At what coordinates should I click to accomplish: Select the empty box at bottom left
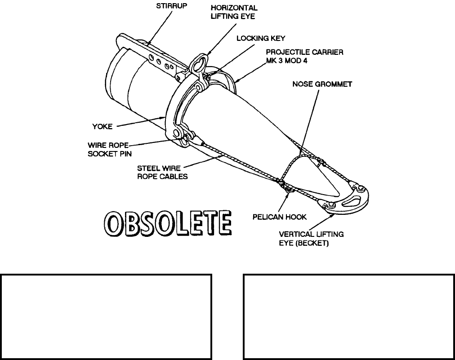tap(106, 316)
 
